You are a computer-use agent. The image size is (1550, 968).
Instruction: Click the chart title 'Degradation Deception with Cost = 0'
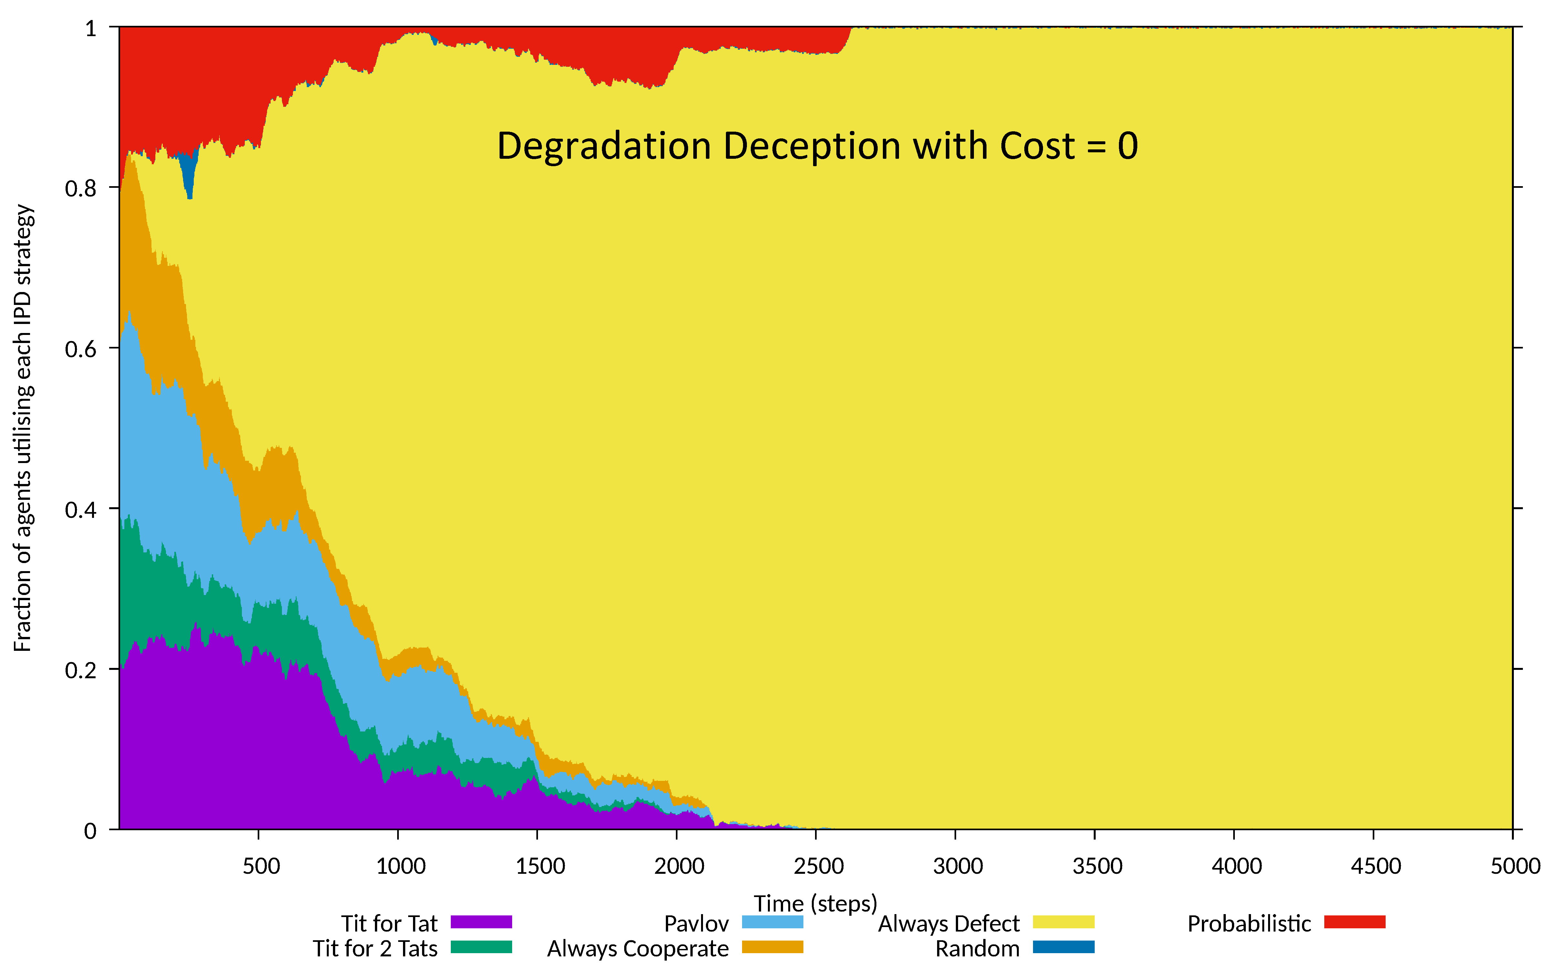(817, 146)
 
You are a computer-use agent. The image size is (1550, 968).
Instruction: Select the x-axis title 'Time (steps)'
(815, 903)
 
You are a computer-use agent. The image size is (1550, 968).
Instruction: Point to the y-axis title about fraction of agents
(23, 428)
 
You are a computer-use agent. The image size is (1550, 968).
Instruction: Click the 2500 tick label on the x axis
(818, 866)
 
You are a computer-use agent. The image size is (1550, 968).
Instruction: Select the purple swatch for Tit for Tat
(481, 922)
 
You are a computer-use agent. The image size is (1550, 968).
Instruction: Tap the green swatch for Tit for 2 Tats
(481, 947)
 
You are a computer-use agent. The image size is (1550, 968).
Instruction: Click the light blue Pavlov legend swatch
(772, 922)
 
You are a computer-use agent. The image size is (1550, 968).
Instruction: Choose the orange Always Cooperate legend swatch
(772, 947)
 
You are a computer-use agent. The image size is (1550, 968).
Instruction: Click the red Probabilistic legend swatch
(1355, 922)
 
